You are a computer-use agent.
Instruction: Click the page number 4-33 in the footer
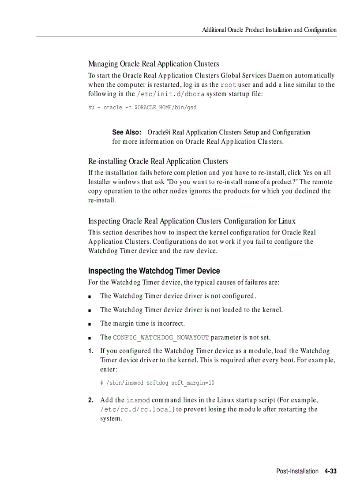click(330, 471)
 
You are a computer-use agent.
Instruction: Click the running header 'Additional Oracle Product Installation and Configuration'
click(269, 30)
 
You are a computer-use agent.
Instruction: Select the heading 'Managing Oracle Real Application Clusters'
click(154, 64)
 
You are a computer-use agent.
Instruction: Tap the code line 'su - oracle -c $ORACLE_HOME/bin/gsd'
click(142, 108)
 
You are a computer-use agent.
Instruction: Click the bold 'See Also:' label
click(126, 132)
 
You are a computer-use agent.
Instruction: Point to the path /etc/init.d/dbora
click(171, 94)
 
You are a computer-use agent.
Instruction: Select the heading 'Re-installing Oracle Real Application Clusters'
click(158, 161)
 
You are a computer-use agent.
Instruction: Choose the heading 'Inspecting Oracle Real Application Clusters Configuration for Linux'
click(191, 221)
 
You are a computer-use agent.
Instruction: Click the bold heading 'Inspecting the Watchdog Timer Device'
click(154, 271)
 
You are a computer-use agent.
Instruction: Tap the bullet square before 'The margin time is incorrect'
click(90, 324)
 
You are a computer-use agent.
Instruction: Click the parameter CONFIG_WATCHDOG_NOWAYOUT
click(161, 338)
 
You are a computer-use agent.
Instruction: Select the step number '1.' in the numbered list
click(90, 351)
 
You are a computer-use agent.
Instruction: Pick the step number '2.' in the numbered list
click(90, 400)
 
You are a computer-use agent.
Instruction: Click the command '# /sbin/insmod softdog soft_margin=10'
click(157, 383)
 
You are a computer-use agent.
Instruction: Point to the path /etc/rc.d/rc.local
click(136, 409)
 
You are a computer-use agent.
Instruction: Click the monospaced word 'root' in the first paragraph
click(228, 85)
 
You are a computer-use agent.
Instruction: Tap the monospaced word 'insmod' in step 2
click(138, 400)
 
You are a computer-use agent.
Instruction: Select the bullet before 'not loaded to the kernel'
click(90, 311)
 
